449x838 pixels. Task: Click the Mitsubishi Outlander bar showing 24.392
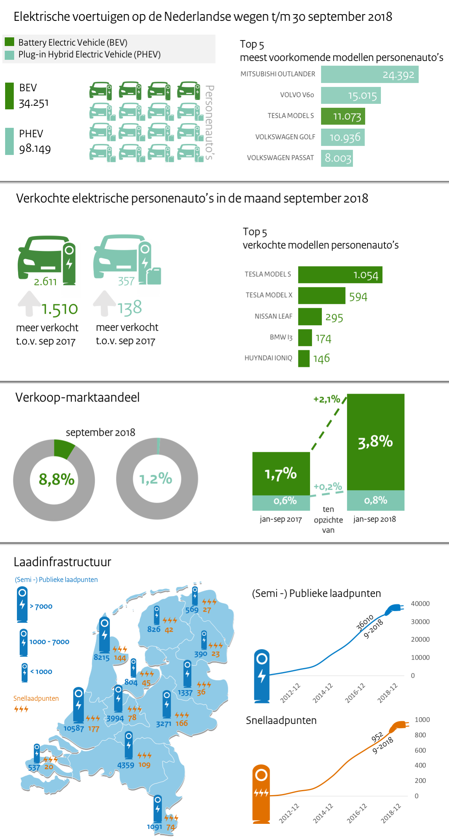pyautogui.click(x=370, y=74)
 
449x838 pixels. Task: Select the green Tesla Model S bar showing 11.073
pyautogui.click(x=343, y=116)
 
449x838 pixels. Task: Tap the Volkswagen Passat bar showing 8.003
pyautogui.click(x=337, y=158)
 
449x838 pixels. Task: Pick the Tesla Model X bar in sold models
pyautogui.click(x=322, y=296)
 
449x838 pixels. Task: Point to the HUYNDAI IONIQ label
pyautogui.click(x=268, y=358)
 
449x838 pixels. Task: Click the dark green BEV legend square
pyautogui.click(x=10, y=42)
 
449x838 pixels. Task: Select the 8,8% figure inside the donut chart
pyautogui.click(x=56, y=479)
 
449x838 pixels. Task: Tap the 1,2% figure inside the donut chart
pyautogui.click(x=156, y=479)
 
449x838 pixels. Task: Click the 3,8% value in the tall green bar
pyautogui.click(x=375, y=442)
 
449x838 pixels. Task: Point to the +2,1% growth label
pyautogui.click(x=327, y=400)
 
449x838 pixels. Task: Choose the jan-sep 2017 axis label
pyautogui.click(x=281, y=519)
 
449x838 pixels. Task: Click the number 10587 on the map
pyautogui.click(x=74, y=728)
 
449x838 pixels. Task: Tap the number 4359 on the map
pyautogui.click(x=126, y=765)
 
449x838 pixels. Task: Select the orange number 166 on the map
pyautogui.click(x=181, y=723)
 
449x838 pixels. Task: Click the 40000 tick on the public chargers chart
pyautogui.click(x=420, y=604)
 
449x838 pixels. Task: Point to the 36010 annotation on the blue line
pyautogui.click(x=364, y=623)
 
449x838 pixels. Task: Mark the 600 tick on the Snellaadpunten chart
pyautogui.click(x=420, y=750)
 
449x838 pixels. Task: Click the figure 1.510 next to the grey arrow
pyautogui.click(x=60, y=309)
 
